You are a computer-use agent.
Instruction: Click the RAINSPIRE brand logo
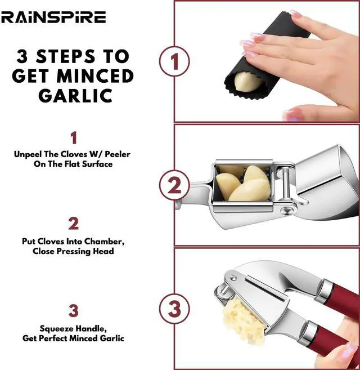[53, 17]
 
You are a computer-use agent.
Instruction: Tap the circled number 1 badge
[174, 61]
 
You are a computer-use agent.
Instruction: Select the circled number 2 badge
[174, 185]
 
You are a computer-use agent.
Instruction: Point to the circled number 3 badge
[174, 309]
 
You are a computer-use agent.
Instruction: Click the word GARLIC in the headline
[75, 95]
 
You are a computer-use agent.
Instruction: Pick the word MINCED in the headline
[95, 76]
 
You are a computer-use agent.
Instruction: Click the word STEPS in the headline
[65, 56]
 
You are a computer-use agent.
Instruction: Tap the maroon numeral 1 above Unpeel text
[74, 137]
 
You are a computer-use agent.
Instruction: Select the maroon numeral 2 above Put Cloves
[73, 224]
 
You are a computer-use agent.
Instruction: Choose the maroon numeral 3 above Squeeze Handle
[73, 310]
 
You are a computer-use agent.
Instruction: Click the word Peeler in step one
[118, 154]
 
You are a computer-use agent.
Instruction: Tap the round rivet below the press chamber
[286, 209]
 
